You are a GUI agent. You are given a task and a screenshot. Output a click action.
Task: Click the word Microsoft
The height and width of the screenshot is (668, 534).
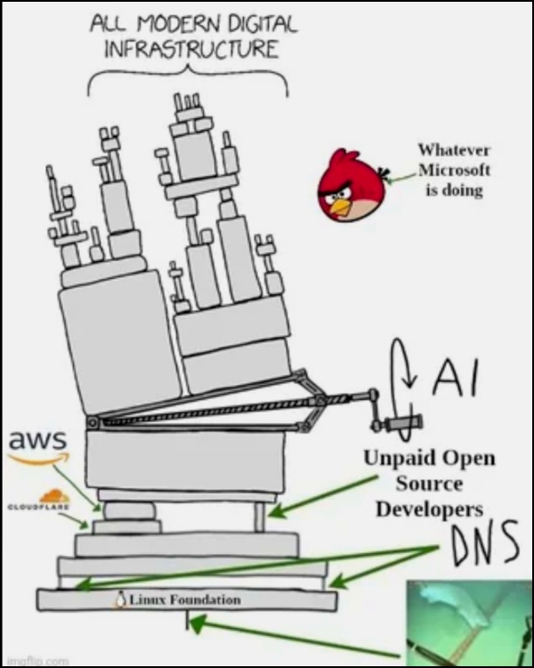[454, 170]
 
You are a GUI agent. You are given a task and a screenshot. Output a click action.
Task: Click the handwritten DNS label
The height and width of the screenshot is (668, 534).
[484, 547]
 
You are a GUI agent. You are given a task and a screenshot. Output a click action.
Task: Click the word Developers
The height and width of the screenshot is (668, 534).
[429, 509]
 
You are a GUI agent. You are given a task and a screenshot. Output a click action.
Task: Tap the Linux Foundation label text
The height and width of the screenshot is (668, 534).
[185, 599]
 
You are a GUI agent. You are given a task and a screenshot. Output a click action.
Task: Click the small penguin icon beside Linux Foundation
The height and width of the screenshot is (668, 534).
[121, 599]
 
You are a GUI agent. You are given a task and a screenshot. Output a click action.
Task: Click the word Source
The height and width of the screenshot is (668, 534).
[429, 484]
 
